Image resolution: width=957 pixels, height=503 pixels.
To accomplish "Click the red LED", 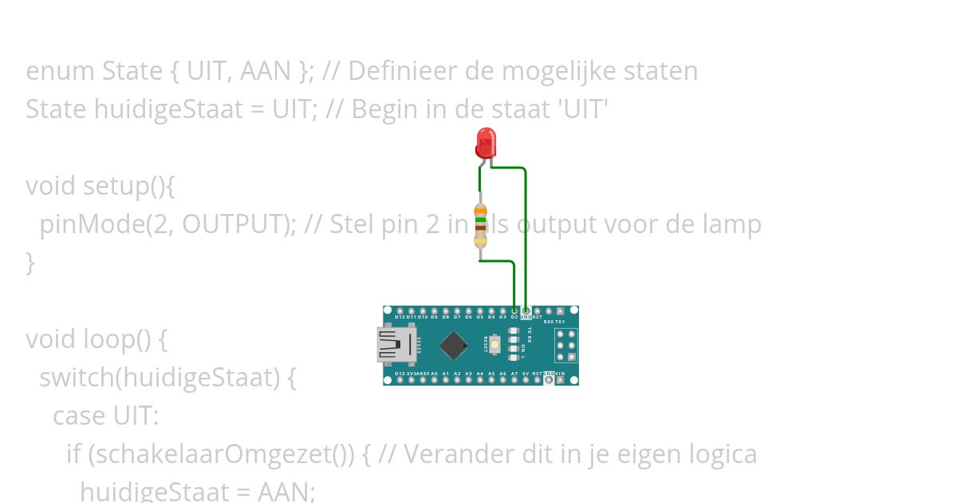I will coord(485,144).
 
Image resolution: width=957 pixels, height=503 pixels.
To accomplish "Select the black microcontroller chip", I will coord(453,345).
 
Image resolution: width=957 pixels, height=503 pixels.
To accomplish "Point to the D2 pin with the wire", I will coord(514,311).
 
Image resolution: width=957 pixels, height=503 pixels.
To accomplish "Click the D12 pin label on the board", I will coord(400,317).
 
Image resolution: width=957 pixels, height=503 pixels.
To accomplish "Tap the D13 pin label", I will coord(400,374).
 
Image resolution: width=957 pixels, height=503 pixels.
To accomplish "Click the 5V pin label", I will coord(526,374).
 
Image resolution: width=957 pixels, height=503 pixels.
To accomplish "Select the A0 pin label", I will coord(434,374).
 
